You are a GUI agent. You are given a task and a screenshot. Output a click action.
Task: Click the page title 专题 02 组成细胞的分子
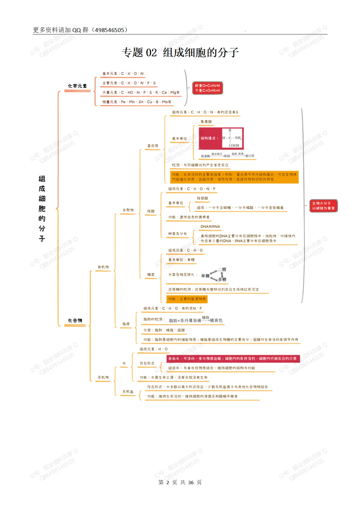click(x=180, y=52)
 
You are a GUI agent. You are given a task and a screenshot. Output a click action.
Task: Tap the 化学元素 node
click(x=77, y=86)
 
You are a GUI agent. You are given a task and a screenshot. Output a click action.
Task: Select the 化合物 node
click(x=75, y=320)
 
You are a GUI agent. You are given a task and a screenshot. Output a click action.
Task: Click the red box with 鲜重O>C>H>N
click(x=207, y=88)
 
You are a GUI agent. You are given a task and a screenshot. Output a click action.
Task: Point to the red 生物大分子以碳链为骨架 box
click(x=323, y=206)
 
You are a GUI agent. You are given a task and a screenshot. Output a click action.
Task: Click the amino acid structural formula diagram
click(x=221, y=138)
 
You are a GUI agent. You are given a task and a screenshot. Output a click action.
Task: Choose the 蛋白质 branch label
click(x=153, y=146)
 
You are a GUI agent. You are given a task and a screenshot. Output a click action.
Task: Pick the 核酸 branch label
click(x=151, y=211)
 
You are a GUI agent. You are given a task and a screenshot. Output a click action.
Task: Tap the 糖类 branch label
click(x=151, y=275)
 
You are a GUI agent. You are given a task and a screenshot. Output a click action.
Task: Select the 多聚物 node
click(x=128, y=210)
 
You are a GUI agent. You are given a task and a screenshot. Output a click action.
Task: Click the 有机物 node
click(x=103, y=267)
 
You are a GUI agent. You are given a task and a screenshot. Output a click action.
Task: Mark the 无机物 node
click(x=103, y=377)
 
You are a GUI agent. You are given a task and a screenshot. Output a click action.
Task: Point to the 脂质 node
click(x=126, y=324)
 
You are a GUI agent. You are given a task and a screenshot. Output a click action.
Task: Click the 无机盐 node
click(x=128, y=392)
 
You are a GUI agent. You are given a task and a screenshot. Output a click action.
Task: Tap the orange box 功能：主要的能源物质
click(x=187, y=299)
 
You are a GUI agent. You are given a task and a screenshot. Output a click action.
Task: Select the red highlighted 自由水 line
click(x=233, y=359)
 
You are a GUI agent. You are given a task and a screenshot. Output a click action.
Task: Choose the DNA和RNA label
click(x=210, y=227)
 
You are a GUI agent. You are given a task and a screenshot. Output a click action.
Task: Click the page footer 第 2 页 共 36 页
click(x=180, y=482)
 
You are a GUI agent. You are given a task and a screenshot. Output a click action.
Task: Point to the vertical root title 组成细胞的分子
click(x=42, y=208)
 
